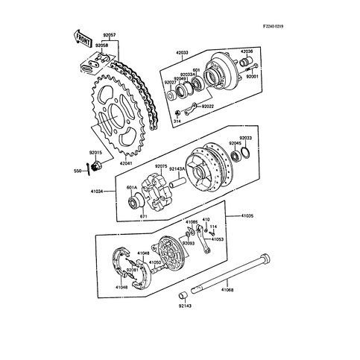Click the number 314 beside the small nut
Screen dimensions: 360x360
[x=176, y=119]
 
